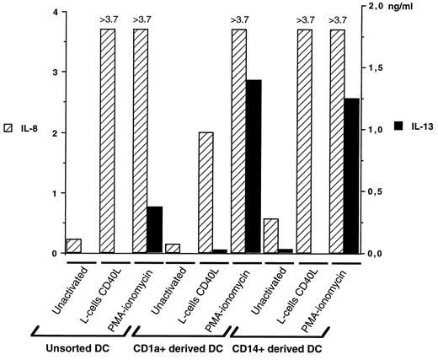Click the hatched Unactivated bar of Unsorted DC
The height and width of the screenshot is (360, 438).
[74, 245]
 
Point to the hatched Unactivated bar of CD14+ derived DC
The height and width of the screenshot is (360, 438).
[271, 235]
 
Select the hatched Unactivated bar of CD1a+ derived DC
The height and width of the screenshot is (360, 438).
[173, 248]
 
